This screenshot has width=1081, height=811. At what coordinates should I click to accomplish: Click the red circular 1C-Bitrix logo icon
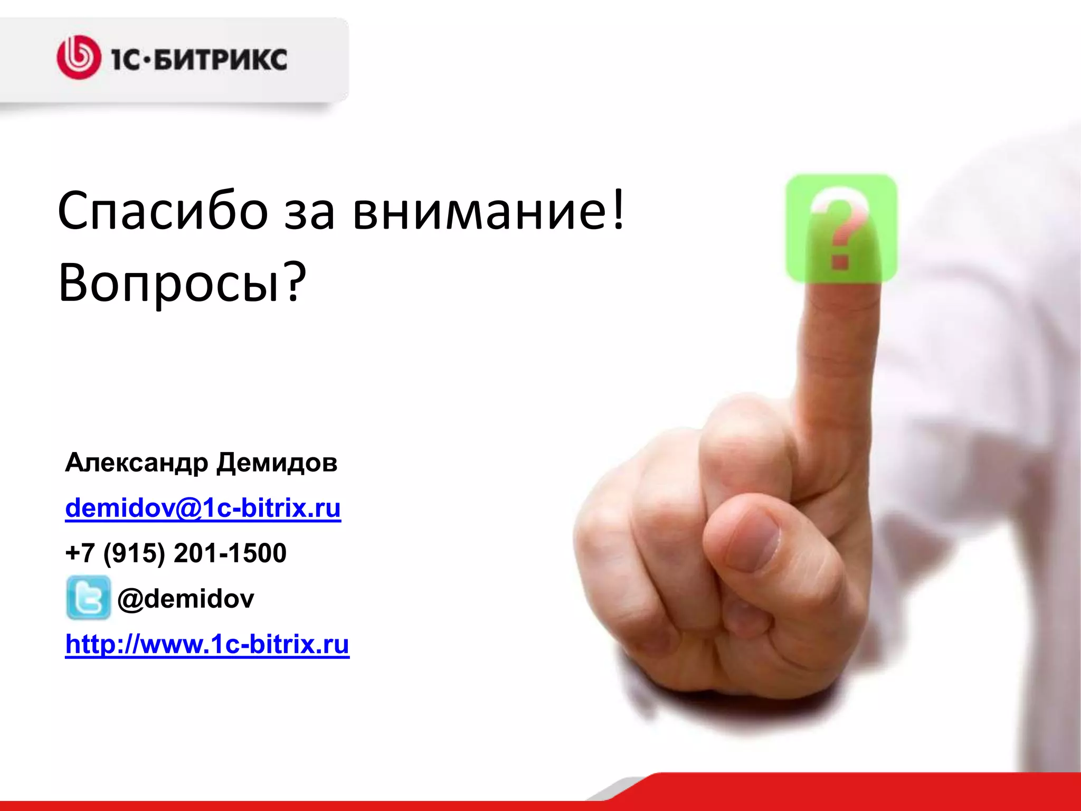click(x=79, y=58)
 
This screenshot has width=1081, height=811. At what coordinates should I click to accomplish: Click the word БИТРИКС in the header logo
click(x=222, y=59)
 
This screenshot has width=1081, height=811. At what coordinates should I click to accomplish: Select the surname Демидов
click(x=277, y=463)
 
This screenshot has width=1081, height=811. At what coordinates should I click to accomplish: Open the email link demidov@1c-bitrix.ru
click(x=203, y=508)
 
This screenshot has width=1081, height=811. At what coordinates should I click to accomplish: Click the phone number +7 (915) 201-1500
click(x=176, y=553)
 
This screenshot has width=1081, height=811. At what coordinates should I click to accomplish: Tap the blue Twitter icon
click(x=88, y=598)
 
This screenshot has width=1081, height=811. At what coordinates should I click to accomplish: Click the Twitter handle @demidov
click(x=186, y=599)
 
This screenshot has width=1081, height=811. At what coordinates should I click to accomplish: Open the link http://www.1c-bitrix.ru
click(x=207, y=644)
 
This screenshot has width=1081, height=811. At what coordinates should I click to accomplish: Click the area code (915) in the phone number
click(x=134, y=553)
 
